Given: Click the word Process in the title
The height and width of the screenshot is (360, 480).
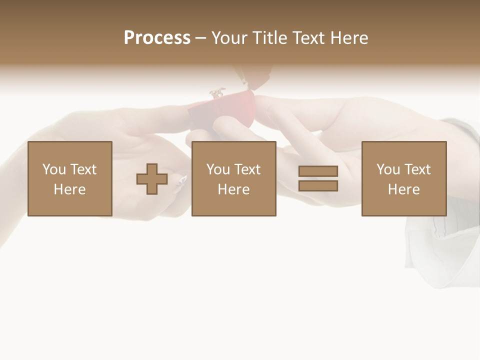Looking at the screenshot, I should point(157,38).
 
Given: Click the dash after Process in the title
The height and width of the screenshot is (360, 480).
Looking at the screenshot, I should point(200,38).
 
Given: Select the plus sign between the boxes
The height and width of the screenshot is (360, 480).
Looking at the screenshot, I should point(152,179).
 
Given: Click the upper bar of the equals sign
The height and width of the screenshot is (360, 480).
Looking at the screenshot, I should point(318,171).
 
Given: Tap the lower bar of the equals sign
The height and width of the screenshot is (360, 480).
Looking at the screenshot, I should point(318,186).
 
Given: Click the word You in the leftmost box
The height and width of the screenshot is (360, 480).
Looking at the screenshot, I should point(54,169).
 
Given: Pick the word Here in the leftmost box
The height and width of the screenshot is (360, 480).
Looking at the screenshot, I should point(69,189).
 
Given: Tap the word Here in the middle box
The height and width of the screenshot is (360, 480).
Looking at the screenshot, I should point(233,189).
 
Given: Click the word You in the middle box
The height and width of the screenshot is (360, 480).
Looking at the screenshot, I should point(218,169).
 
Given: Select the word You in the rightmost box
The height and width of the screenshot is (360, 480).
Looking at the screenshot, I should point(388,169).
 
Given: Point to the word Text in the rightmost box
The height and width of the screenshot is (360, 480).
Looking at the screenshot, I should point(417,169).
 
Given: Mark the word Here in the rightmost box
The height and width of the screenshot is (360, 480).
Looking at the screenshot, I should point(403,189).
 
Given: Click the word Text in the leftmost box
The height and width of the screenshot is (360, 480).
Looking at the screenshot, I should point(83,169).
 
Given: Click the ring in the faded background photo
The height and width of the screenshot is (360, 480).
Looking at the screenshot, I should point(217,93).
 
